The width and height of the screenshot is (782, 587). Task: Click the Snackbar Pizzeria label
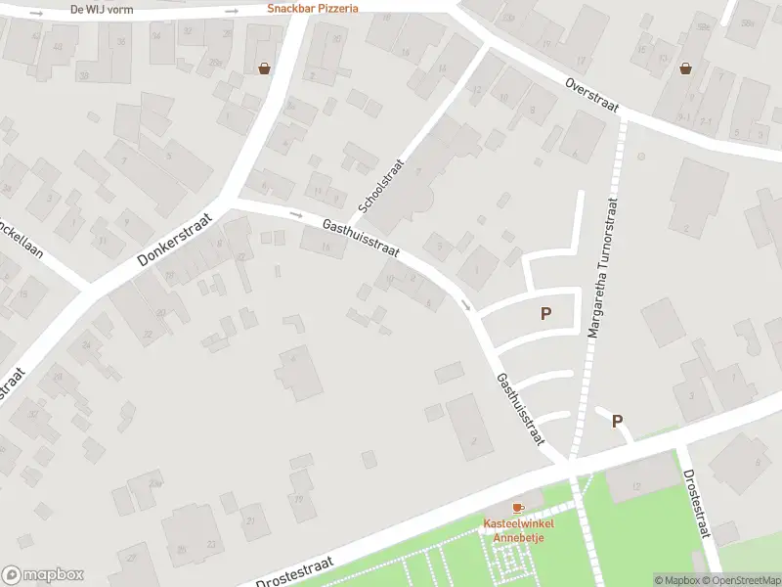(x=313, y=8)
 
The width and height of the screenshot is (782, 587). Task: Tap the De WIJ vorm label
(x=103, y=10)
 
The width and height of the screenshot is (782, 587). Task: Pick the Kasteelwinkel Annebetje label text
(x=518, y=529)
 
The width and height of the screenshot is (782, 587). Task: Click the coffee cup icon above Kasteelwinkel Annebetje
(x=518, y=509)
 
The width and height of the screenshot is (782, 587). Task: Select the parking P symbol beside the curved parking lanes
(x=545, y=314)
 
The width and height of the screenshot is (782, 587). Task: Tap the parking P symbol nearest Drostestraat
(x=617, y=421)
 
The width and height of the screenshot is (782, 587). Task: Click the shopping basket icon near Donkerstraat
(x=264, y=68)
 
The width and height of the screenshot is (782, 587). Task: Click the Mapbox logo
(x=42, y=575)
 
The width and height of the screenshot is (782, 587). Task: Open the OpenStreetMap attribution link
(x=744, y=580)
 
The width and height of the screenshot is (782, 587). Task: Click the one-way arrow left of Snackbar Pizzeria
(x=232, y=11)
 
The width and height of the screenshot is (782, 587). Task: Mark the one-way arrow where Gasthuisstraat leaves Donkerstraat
(x=296, y=213)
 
